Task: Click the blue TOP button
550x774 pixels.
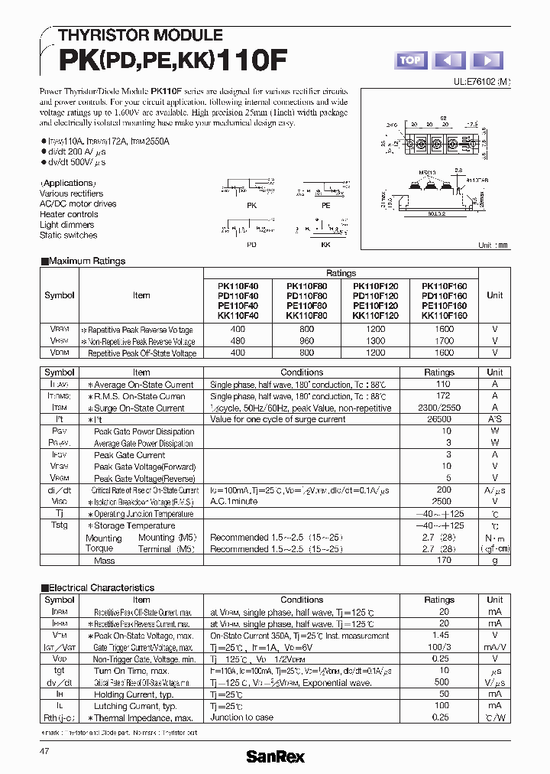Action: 410,60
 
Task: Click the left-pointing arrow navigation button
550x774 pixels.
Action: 449,60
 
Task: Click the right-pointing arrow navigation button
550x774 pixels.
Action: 488,60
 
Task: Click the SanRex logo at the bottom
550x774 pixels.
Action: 275,756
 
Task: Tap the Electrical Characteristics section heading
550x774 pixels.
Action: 97,587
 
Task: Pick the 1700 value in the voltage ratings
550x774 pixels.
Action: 444,341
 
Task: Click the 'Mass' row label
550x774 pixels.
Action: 104,561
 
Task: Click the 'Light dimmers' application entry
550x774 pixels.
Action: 66,225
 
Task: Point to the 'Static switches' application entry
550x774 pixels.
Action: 68,235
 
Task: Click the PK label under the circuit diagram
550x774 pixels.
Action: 251,206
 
